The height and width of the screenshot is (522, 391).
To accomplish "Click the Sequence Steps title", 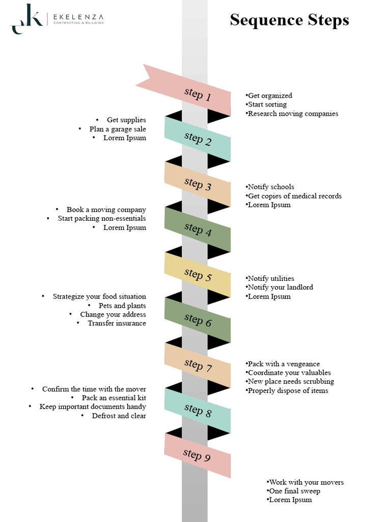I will click(289, 20).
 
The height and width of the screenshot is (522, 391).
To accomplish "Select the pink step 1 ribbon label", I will click(198, 94).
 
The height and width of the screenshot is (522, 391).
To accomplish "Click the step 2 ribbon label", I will click(198, 139).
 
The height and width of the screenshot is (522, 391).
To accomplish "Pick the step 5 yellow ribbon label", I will click(198, 275).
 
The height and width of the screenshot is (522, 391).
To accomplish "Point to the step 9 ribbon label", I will click(197, 456).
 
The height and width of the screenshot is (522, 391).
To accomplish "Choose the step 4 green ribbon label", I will click(198, 229).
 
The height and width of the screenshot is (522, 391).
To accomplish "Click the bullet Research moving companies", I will click(293, 114).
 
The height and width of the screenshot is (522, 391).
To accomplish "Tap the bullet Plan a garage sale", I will click(118, 129).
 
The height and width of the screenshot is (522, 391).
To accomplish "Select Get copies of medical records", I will click(294, 196).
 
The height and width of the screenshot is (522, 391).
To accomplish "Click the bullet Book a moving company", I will click(106, 210).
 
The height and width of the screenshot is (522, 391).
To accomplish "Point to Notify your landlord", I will click(280, 288).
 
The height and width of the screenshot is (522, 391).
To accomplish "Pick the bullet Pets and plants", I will click(122, 306).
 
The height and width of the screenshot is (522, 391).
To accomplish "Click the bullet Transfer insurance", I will click(117, 323).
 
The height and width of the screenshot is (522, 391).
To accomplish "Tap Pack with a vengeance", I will click(284, 364).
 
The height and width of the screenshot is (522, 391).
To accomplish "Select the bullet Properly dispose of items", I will click(288, 390).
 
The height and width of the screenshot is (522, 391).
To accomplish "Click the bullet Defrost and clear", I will click(119, 416).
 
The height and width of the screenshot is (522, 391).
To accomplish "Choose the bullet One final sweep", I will click(295, 491).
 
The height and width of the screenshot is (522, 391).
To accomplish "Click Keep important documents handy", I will click(93, 407).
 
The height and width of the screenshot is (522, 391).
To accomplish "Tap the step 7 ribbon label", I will click(198, 366).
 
